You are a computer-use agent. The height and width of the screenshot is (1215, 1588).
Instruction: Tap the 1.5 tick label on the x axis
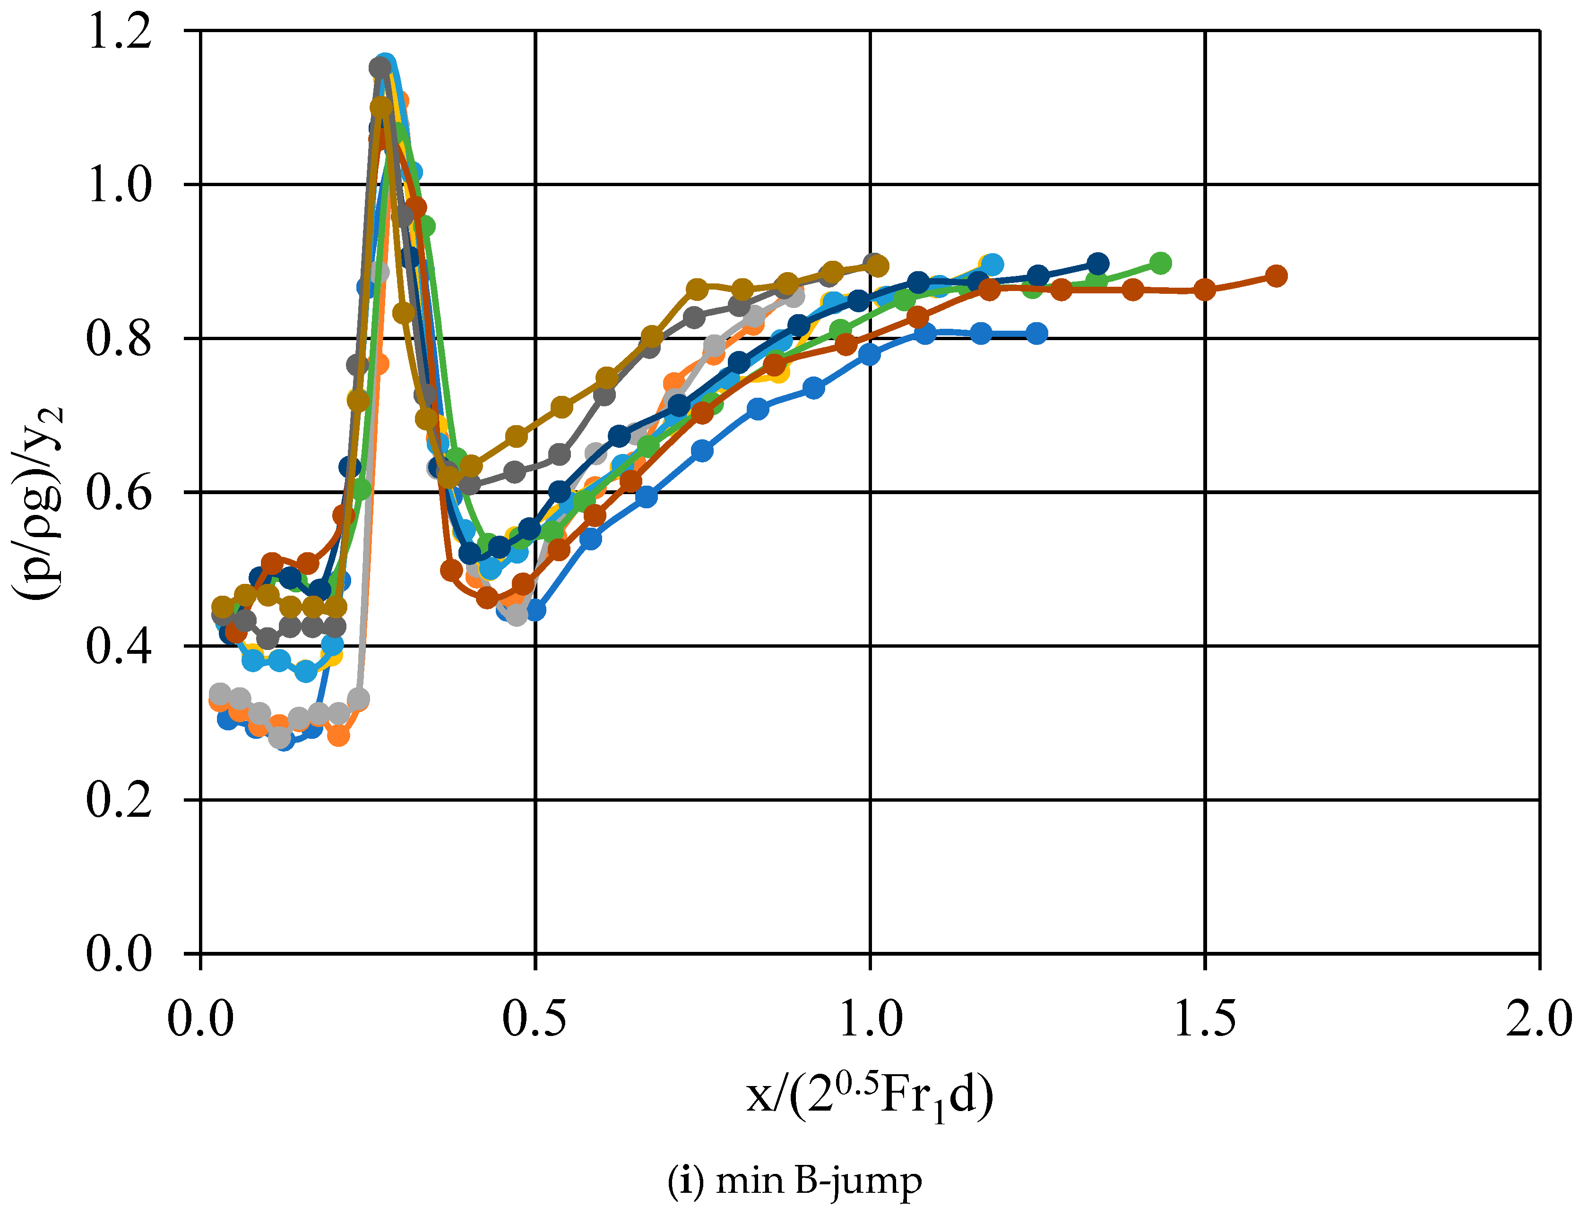[x=1205, y=1020]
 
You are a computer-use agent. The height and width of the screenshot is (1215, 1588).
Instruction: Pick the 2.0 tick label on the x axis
[x=1539, y=1020]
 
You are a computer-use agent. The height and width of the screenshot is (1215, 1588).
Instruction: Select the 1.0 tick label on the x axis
[x=870, y=1020]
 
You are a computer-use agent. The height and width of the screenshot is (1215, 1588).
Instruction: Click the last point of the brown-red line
[x=1276, y=275]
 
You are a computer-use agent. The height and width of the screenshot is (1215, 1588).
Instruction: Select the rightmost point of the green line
[x=1160, y=263]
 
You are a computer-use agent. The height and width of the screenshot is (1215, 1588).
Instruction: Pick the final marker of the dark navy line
[x=1097, y=263]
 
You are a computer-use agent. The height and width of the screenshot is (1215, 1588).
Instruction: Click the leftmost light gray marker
[x=220, y=693]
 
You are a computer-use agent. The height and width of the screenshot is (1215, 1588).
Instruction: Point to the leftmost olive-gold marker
[x=223, y=607]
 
